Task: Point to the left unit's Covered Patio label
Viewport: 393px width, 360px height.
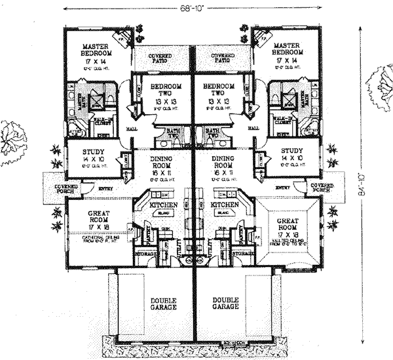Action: pos(162,58)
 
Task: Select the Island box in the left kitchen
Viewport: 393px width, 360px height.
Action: pos(161,212)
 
